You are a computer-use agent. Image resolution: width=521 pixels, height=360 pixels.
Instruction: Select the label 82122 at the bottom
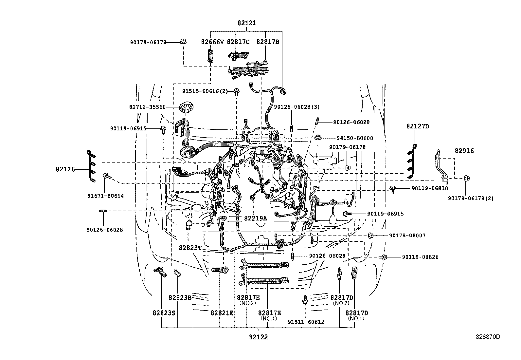pyautogui.click(x=258, y=337)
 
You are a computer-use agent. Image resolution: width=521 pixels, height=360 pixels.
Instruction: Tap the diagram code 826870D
pyautogui.click(x=488, y=336)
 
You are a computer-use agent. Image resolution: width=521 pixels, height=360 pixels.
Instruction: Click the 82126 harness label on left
pyautogui.click(x=65, y=169)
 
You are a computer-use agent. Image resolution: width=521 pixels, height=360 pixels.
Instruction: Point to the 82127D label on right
pyautogui.click(x=417, y=126)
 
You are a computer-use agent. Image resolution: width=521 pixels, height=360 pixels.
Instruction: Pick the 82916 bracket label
pyautogui.click(x=464, y=151)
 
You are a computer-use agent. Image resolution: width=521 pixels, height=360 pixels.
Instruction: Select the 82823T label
pyautogui.click(x=190, y=248)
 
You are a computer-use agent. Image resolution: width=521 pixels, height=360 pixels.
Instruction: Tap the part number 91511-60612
pyautogui.click(x=306, y=322)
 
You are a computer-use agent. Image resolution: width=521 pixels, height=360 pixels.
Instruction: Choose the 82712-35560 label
pyautogui.click(x=147, y=107)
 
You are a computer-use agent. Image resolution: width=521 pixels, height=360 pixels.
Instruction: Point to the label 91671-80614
pyautogui.click(x=105, y=196)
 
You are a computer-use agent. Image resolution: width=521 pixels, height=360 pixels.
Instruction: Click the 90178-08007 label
pyautogui.click(x=407, y=235)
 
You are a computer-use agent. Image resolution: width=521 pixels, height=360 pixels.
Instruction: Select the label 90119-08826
pyautogui.click(x=420, y=257)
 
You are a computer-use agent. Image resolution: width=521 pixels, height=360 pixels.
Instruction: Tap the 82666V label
pyautogui.click(x=212, y=42)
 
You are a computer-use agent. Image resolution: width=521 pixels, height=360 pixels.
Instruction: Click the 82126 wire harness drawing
pyautogui.click(x=92, y=166)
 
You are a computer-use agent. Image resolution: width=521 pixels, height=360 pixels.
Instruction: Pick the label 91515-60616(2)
pyautogui.click(x=205, y=91)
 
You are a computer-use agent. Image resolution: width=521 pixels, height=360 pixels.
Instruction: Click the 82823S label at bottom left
pyautogui.click(x=164, y=313)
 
